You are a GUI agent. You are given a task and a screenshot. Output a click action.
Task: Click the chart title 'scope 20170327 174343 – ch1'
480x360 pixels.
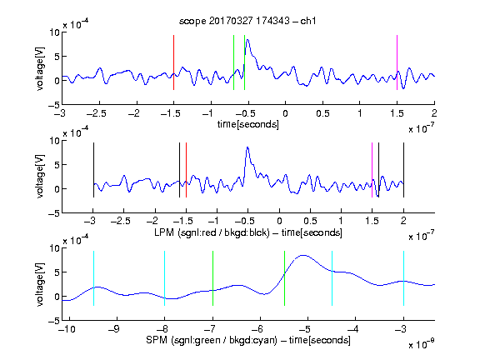tap(247, 21)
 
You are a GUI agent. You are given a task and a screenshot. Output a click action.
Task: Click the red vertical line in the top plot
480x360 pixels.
tap(173, 62)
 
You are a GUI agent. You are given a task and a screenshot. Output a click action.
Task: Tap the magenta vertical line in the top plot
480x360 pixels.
tap(397, 62)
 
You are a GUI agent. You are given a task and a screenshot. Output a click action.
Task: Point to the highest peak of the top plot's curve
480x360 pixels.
tap(247, 40)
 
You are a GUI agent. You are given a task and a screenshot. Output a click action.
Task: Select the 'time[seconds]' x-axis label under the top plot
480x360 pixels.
tap(248, 124)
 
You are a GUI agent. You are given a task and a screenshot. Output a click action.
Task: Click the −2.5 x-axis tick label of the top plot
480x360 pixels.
tap(97, 113)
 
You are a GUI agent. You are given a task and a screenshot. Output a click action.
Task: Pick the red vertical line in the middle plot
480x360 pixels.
tap(186, 170)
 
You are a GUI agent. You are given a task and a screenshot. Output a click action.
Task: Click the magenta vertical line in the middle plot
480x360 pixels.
tap(372, 170)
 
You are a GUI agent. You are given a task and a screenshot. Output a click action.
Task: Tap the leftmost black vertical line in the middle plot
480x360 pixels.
tap(93, 170)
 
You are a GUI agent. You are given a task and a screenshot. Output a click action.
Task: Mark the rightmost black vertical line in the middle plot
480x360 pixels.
tap(403, 170)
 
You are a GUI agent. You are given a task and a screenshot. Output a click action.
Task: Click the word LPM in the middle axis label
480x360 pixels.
tap(164, 232)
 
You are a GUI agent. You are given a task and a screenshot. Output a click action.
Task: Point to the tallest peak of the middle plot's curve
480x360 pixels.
tap(247, 147)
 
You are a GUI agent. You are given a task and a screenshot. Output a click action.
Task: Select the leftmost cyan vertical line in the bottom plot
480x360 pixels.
tap(93, 278)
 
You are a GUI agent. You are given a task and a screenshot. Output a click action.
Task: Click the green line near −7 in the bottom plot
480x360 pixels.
tap(212, 278)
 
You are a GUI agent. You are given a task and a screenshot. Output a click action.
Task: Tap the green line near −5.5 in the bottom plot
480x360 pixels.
tap(284, 278)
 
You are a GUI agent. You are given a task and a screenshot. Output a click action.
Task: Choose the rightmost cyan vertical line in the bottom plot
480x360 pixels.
tap(403, 278)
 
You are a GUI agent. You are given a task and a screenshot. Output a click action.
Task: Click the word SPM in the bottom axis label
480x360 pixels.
tap(157, 340)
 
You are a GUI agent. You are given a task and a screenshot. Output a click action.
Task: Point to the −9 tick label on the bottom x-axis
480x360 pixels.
tap(114, 329)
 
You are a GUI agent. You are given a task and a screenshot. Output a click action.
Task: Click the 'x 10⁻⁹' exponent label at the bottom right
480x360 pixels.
tap(421, 344)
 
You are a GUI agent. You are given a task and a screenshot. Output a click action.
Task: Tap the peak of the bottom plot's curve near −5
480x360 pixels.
tap(303, 255)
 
